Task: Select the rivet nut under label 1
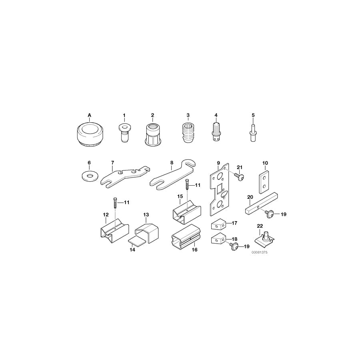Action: [124, 132]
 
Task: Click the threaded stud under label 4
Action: [216, 132]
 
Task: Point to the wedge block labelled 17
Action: [219, 224]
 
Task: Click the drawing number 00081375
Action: [259, 253]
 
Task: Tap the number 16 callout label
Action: [195, 250]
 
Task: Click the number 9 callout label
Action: [218, 163]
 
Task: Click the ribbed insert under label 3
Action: [188, 132]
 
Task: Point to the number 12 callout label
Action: [106, 215]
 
